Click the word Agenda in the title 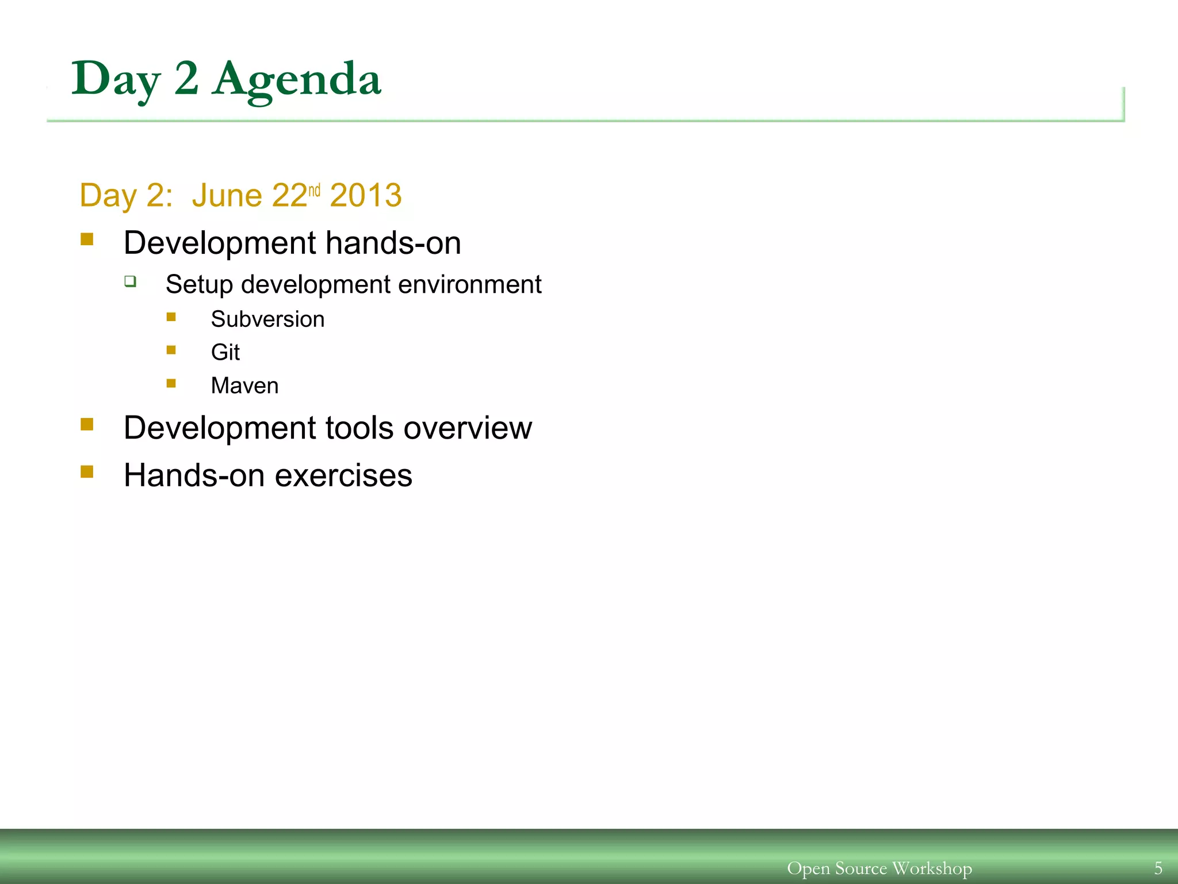pyautogui.click(x=296, y=79)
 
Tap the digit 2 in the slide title pyautogui.click(x=186, y=78)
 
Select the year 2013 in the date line pyautogui.click(x=366, y=196)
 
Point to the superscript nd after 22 pyautogui.click(x=314, y=190)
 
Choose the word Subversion pyautogui.click(x=267, y=319)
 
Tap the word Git pyautogui.click(x=225, y=352)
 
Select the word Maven pyautogui.click(x=244, y=386)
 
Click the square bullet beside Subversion pyautogui.click(x=171, y=317)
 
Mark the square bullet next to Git pyautogui.click(x=171, y=350)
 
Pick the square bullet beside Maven pyautogui.click(x=171, y=383)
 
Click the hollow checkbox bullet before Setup pyautogui.click(x=131, y=281)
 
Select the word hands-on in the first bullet pyautogui.click(x=393, y=243)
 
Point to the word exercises pyautogui.click(x=343, y=476)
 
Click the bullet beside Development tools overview pyautogui.click(x=87, y=425)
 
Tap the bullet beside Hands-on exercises pyautogui.click(x=87, y=472)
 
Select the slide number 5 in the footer pyautogui.click(x=1158, y=868)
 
